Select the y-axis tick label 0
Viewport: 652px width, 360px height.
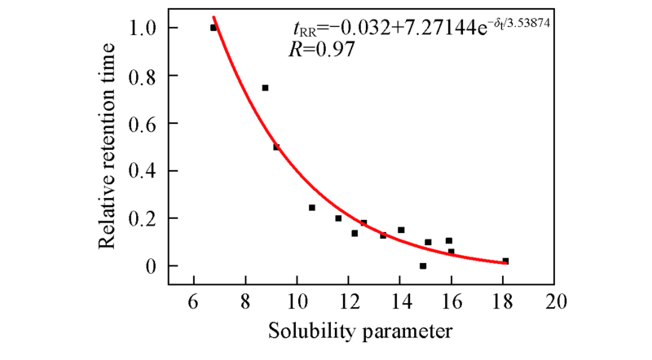152,266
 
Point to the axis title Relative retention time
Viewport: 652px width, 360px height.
110,147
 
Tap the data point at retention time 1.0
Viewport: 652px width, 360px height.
214,28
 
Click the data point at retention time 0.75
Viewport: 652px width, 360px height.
265,88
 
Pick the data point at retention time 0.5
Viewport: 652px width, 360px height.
276,147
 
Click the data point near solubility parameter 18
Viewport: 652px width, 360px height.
505,261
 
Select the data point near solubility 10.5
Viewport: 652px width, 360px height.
312,208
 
